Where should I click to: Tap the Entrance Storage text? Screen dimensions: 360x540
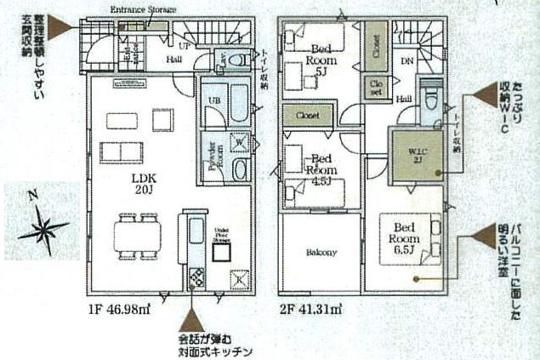point(144,9)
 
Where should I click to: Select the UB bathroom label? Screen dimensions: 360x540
point(214,100)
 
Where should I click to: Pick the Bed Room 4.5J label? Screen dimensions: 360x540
point(321,163)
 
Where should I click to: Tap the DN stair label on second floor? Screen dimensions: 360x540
point(407,61)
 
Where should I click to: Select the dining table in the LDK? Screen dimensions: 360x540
point(137,232)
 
